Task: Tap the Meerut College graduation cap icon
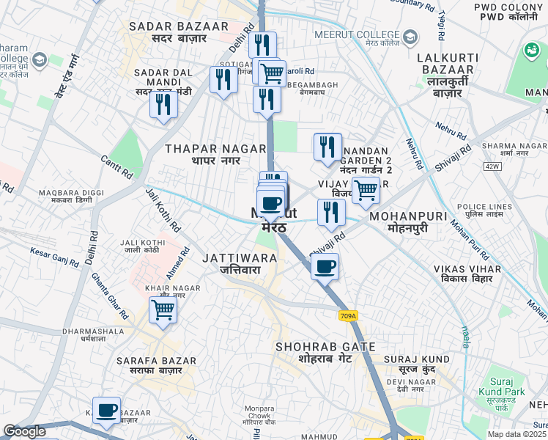pos(410,35)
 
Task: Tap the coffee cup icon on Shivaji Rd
pos(325,266)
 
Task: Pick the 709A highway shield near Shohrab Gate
pos(349,316)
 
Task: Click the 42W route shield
pos(492,166)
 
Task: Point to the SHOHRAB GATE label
pos(325,353)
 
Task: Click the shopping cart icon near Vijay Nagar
pos(365,189)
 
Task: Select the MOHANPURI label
pos(407,223)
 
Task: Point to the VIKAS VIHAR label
pos(467,275)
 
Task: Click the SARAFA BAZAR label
pos(157,366)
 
